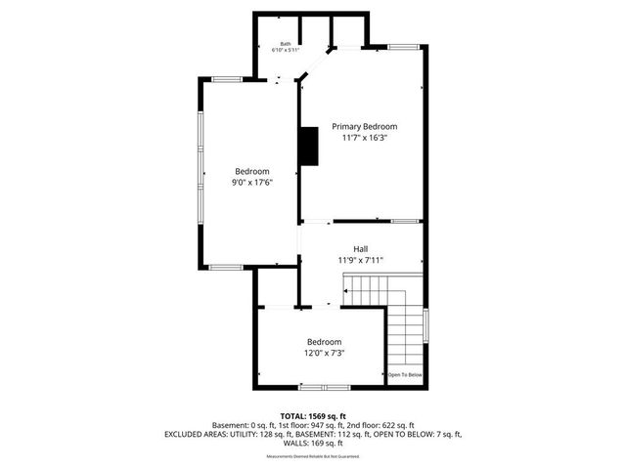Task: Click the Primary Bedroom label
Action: click(364, 127)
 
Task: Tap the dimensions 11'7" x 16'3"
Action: click(364, 139)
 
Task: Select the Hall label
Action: click(361, 249)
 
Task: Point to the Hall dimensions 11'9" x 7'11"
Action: click(361, 260)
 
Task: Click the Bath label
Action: click(286, 43)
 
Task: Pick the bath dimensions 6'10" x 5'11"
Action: click(286, 51)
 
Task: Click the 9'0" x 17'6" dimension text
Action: click(251, 182)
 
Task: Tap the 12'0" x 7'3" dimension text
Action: click(324, 353)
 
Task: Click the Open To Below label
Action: click(405, 375)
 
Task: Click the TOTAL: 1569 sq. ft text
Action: click(312, 415)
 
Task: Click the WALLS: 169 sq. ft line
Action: click(312, 443)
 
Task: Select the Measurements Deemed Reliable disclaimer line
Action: click(312, 456)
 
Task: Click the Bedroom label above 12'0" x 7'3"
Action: click(324, 342)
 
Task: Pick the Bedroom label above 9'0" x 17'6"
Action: click(251, 171)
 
